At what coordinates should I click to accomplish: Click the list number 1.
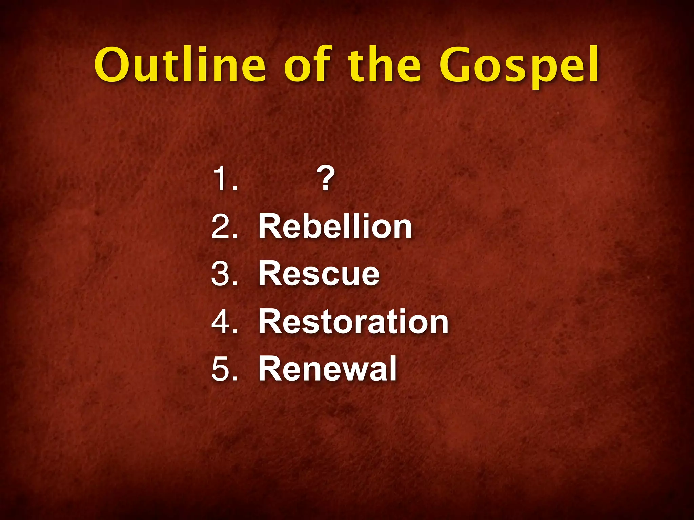tap(220, 179)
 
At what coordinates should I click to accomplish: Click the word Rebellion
tap(335, 226)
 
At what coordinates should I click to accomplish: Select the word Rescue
tap(319, 274)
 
